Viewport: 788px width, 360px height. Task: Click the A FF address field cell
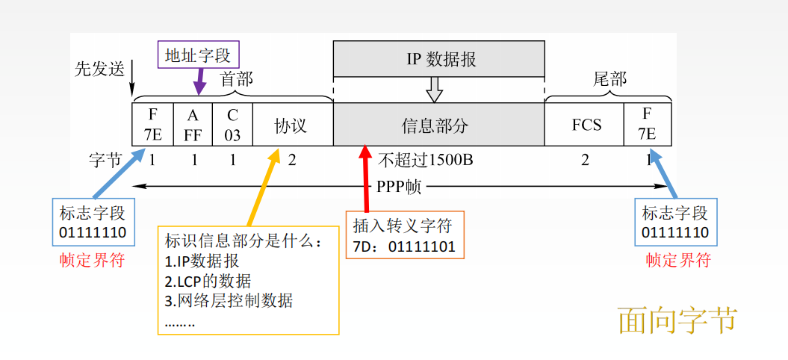coord(193,125)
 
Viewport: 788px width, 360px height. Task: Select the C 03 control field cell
coord(233,125)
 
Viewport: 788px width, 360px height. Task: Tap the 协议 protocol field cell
coord(292,125)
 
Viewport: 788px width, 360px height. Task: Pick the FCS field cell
coord(586,125)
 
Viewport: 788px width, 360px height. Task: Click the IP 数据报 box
coord(439,59)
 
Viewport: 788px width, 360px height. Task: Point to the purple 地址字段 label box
coord(199,55)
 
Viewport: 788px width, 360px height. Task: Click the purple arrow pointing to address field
coord(199,81)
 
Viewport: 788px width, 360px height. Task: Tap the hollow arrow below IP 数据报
coord(434,90)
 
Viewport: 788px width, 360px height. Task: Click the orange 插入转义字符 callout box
coord(404,235)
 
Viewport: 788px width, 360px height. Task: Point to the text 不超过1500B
coord(424,160)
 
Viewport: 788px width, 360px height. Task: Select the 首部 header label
coord(236,79)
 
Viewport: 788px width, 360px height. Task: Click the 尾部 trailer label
coord(609,79)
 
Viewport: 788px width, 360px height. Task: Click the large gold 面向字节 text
coord(677,320)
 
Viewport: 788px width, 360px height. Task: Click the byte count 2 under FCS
coord(585,160)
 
